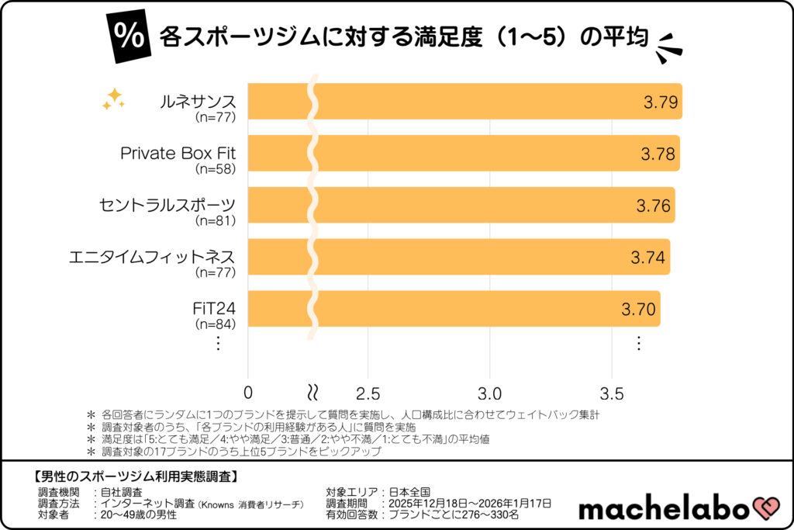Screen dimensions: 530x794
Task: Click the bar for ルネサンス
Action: point(465,102)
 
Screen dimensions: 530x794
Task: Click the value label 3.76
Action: point(654,206)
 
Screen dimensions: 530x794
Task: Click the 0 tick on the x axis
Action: point(248,390)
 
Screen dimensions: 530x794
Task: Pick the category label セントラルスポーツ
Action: point(167,205)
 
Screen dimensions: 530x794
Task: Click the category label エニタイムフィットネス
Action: point(151,257)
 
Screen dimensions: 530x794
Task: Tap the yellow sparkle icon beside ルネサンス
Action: point(113,99)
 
